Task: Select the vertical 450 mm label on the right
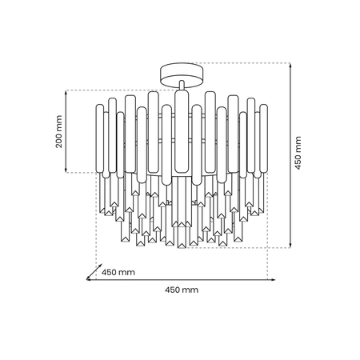298,152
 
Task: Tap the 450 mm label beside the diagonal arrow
118,272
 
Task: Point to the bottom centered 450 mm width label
180,290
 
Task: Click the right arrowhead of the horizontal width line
272,279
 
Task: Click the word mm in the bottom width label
189,290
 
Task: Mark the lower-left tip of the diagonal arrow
88,278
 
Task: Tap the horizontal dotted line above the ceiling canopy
240,63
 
